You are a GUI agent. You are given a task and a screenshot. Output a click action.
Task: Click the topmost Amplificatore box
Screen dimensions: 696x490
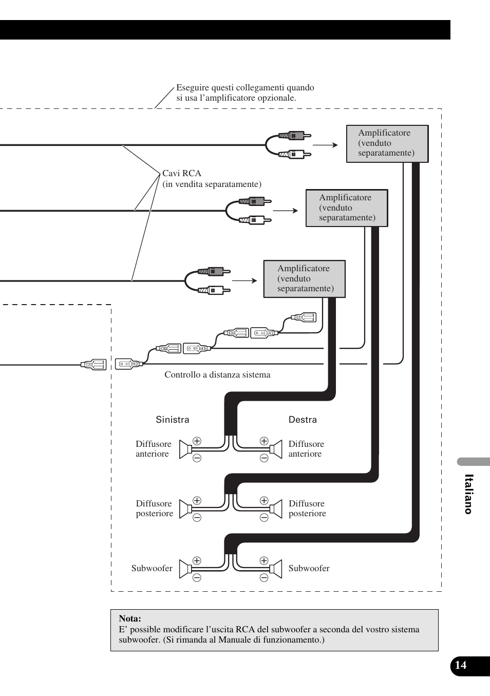click(x=387, y=143)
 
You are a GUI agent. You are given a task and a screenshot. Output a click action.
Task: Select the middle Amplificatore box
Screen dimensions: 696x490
click(x=347, y=208)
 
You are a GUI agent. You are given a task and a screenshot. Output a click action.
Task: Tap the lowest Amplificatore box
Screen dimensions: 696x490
click(x=305, y=279)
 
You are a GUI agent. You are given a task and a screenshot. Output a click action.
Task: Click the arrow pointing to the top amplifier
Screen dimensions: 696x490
click(x=325, y=145)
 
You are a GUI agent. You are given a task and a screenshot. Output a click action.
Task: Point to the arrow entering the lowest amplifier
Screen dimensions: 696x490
click(x=244, y=280)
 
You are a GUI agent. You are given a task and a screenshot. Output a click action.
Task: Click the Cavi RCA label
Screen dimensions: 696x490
click(x=182, y=174)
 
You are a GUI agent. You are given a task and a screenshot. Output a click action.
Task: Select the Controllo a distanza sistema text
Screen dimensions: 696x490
click(x=217, y=375)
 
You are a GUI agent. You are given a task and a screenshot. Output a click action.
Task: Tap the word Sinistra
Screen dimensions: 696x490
click(x=173, y=420)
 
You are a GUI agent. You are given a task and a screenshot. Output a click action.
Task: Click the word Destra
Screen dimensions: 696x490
click(x=303, y=420)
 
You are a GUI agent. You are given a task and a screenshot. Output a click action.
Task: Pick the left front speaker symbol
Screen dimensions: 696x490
click(x=185, y=449)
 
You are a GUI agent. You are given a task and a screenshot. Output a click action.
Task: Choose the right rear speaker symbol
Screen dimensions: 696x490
click(x=276, y=509)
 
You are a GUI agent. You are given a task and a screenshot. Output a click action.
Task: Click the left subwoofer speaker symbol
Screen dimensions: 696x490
click(x=185, y=569)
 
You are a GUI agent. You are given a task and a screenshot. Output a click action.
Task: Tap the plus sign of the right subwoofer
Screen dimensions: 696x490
click(x=264, y=560)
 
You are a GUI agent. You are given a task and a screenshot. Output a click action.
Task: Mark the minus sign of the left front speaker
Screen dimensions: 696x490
click(x=197, y=458)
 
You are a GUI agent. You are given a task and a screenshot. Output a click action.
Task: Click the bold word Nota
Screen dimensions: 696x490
click(x=130, y=618)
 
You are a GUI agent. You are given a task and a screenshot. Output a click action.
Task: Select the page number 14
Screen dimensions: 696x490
click(x=461, y=665)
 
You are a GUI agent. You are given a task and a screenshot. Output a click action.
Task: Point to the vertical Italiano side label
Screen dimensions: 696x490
click(x=468, y=494)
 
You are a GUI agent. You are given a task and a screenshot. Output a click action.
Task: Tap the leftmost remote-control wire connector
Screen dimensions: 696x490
click(x=93, y=365)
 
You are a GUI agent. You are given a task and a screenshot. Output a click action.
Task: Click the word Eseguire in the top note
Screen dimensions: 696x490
click(x=192, y=88)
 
